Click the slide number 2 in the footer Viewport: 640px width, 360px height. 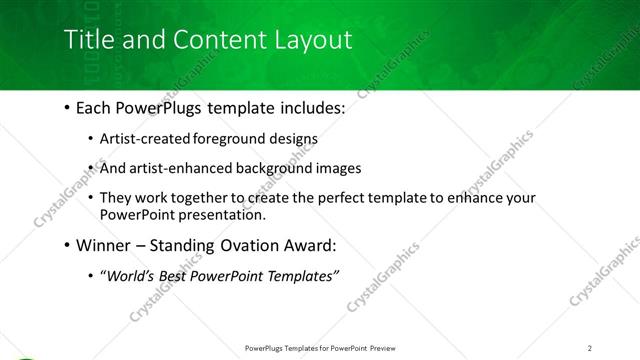click(x=590, y=347)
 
